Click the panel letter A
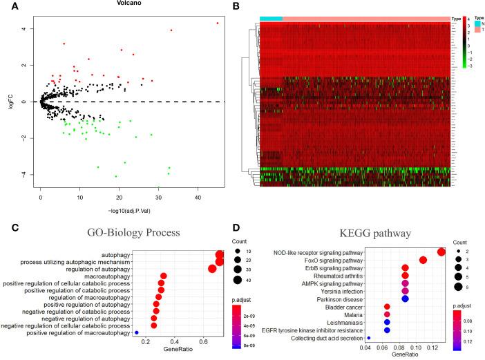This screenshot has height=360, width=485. [6, 6]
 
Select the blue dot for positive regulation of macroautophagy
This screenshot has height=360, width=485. [137, 333]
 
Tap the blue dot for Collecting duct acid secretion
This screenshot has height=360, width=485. [370, 338]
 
